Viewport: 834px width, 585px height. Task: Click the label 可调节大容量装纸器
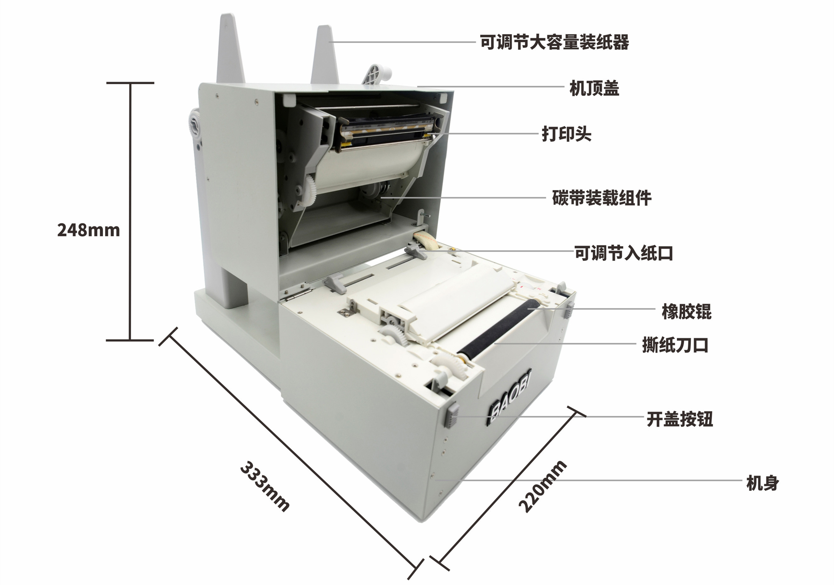pyautogui.click(x=554, y=42)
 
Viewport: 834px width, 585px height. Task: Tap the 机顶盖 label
pyautogui.click(x=594, y=88)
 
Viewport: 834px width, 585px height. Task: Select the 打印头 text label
pyautogui.click(x=566, y=134)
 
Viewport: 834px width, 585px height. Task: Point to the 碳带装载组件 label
pyautogui.click(x=601, y=198)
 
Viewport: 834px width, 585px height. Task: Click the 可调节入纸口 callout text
pyautogui.click(x=624, y=253)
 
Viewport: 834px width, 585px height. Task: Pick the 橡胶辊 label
pyautogui.click(x=686, y=312)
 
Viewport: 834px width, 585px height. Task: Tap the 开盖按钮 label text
pyautogui.click(x=679, y=419)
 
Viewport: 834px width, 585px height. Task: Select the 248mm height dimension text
pyautogui.click(x=88, y=230)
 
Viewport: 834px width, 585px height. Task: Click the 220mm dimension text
pyautogui.click(x=542, y=486)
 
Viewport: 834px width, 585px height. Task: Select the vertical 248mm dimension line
pyautogui.click(x=130, y=212)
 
